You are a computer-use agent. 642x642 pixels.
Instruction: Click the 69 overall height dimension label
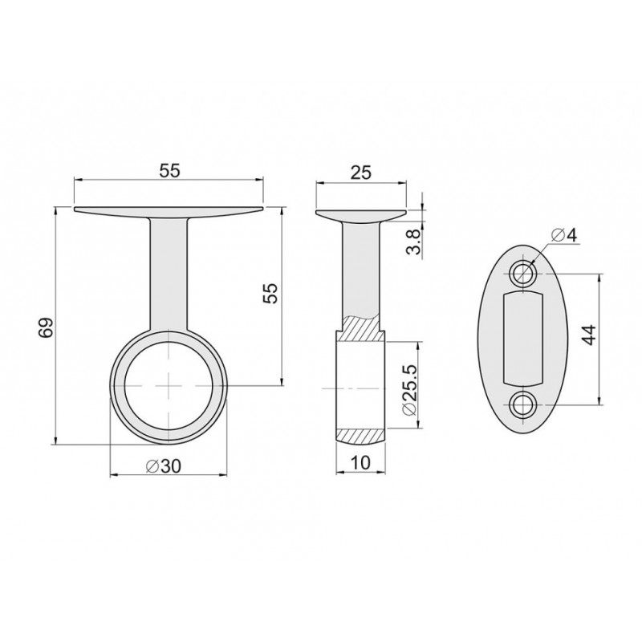(x=47, y=327)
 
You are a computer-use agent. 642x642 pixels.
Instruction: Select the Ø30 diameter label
(x=164, y=465)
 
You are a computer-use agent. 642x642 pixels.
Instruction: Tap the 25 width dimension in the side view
(x=360, y=173)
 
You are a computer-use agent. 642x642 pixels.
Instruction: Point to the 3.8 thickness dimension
(x=414, y=242)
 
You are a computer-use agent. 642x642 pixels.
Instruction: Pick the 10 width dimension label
(x=360, y=462)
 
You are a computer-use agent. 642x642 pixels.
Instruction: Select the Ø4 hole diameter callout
(x=563, y=235)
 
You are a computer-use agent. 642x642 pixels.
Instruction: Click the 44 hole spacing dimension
(x=588, y=335)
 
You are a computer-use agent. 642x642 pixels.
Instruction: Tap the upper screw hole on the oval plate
(x=523, y=273)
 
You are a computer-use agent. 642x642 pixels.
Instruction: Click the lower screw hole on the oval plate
(x=523, y=405)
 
